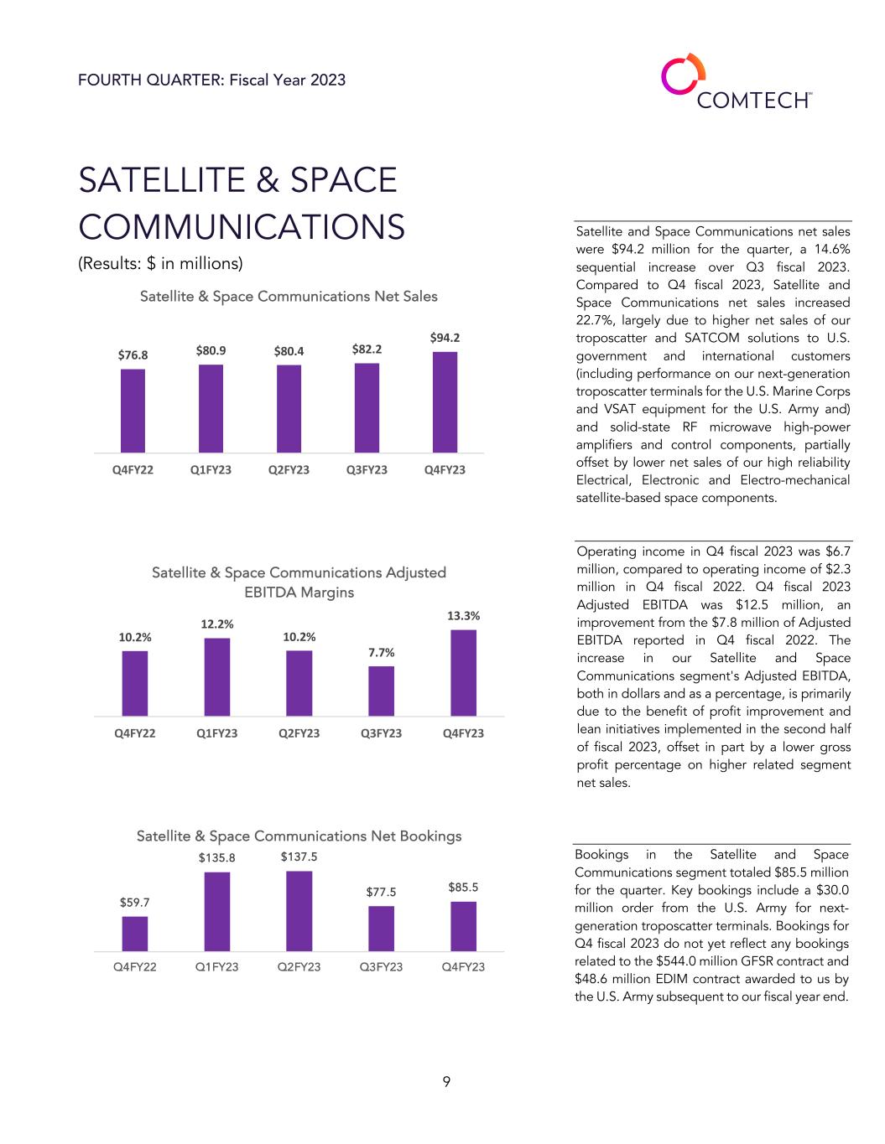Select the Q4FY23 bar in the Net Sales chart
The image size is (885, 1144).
pyautogui.click(x=445, y=401)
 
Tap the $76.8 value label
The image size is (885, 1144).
pyautogui.click(x=133, y=355)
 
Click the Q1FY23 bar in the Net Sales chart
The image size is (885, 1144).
pyautogui.click(x=211, y=408)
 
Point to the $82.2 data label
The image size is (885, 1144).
pyautogui.click(x=367, y=349)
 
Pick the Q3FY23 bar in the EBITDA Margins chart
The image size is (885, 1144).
pyautogui.click(x=381, y=691)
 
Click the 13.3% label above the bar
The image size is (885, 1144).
pyautogui.click(x=463, y=615)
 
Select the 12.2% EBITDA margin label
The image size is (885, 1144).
pyautogui.click(x=216, y=624)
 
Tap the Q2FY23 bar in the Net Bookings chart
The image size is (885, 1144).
pyautogui.click(x=299, y=911)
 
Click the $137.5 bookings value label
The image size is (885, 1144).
pyautogui.click(x=299, y=857)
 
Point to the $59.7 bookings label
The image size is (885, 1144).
pyautogui.click(x=134, y=902)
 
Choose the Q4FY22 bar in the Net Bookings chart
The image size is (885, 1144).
pyautogui.click(x=134, y=934)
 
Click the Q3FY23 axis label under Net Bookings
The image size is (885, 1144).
pyautogui.click(x=381, y=966)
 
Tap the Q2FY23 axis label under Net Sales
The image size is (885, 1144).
pyautogui.click(x=289, y=469)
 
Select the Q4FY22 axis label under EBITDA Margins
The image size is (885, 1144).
pyautogui.click(x=134, y=733)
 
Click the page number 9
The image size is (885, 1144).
pyautogui.click(x=446, y=1082)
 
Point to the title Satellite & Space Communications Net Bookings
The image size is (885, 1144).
pyautogui.click(x=299, y=836)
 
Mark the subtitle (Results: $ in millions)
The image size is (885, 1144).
pyautogui.click(x=160, y=263)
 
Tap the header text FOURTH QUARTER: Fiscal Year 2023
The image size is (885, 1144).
pyautogui.click(x=211, y=80)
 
